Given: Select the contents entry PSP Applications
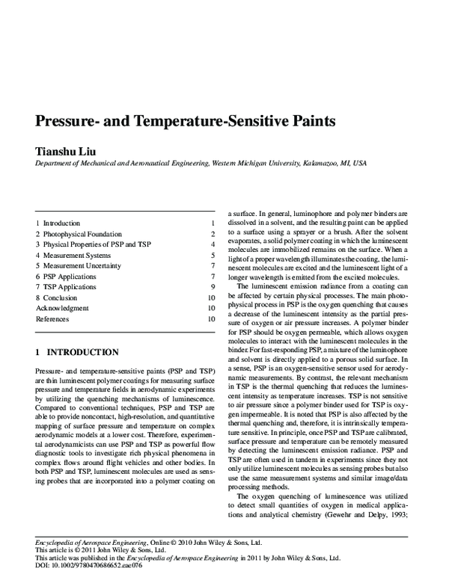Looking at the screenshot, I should pyautogui.click(x=70, y=277).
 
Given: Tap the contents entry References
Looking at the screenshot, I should pyautogui.click(x=52, y=319).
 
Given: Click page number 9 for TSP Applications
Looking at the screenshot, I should pyautogui.click(x=213, y=287).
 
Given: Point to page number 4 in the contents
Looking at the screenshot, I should pyautogui.click(x=213, y=244).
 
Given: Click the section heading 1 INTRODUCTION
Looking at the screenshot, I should pyautogui.click(x=77, y=351).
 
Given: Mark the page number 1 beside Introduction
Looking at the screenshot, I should pyautogui.click(x=213, y=223).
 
